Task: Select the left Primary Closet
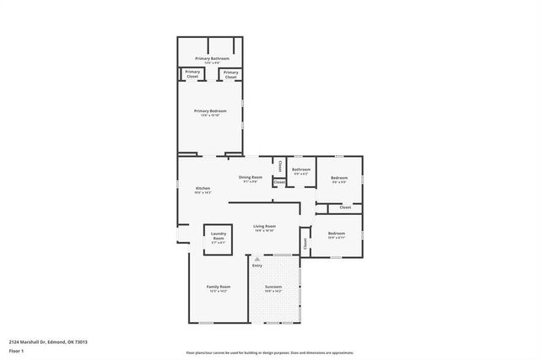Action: (x=192, y=74)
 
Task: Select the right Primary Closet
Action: (x=230, y=74)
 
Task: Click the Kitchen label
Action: (x=202, y=189)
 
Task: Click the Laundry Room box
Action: (x=218, y=239)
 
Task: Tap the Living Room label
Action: (x=265, y=227)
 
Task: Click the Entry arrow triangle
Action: (x=256, y=258)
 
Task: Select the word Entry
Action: (x=256, y=266)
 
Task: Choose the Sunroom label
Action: (x=273, y=287)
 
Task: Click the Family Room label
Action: (x=219, y=287)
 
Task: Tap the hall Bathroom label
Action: (x=301, y=170)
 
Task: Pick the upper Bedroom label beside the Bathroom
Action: (x=339, y=178)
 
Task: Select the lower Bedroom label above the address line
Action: (x=336, y=234)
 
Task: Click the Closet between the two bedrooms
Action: (x=344, y=207)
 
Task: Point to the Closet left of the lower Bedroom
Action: (x=305, y=244)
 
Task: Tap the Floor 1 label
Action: (x=15, y=350)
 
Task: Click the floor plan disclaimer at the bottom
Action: (x=270, y=352)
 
